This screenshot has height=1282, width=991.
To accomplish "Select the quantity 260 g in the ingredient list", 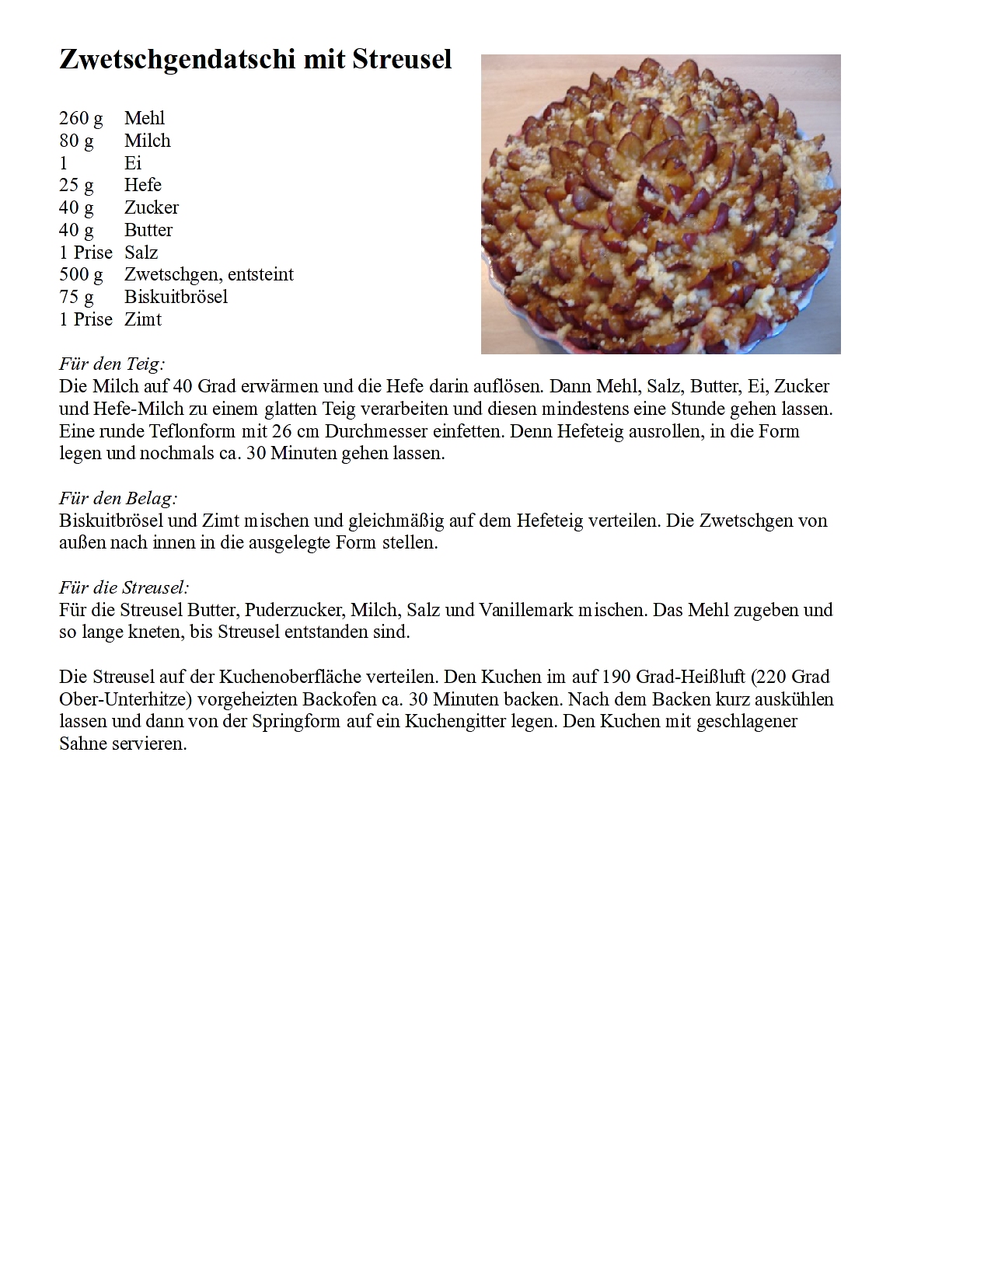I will click(x=81, y=118).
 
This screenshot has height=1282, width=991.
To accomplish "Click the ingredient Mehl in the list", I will click(x=145, y=118).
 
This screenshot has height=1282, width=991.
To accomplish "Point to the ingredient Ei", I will click(x=133, y=163).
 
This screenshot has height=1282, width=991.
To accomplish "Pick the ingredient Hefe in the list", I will click(x=143, y=185).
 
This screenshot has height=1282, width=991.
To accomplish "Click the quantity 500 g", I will click(x=81, y=274).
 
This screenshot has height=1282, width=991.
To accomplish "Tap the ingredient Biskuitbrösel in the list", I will click(x=176, y=297).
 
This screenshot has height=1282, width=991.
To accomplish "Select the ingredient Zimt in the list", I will click(x=143, y=319).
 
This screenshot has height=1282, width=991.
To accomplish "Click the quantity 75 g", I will click(x=76, y=297).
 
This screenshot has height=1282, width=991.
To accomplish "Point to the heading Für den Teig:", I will click(x=112, y=364).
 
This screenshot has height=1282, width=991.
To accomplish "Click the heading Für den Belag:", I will click(x=118, y=498).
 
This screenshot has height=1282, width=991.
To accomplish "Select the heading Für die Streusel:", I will click(x=124, y=587).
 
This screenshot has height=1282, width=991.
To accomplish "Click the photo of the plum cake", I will click(x=661, y=204).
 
